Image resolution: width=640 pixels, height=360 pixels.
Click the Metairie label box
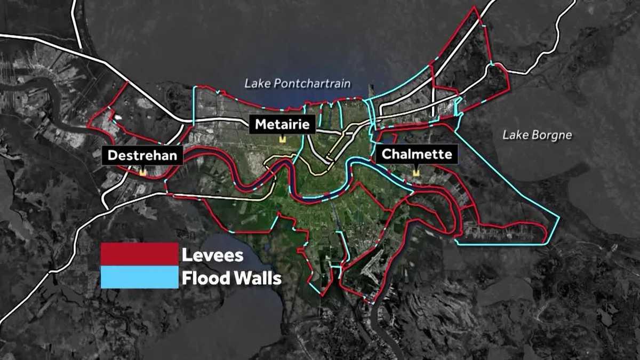click(x=283, y=125)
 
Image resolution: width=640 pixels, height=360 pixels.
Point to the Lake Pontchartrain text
click(x=298, y=84)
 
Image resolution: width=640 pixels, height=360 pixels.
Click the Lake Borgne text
click(x=537, y=135)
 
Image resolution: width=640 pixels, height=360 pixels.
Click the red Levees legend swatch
click(x=140, y=254)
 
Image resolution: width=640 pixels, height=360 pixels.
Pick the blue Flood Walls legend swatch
click(x=140, y=277)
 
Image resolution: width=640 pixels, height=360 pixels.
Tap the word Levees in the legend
click(x=212, y=255)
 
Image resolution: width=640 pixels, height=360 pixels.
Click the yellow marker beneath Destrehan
click(x=142, y=172)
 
